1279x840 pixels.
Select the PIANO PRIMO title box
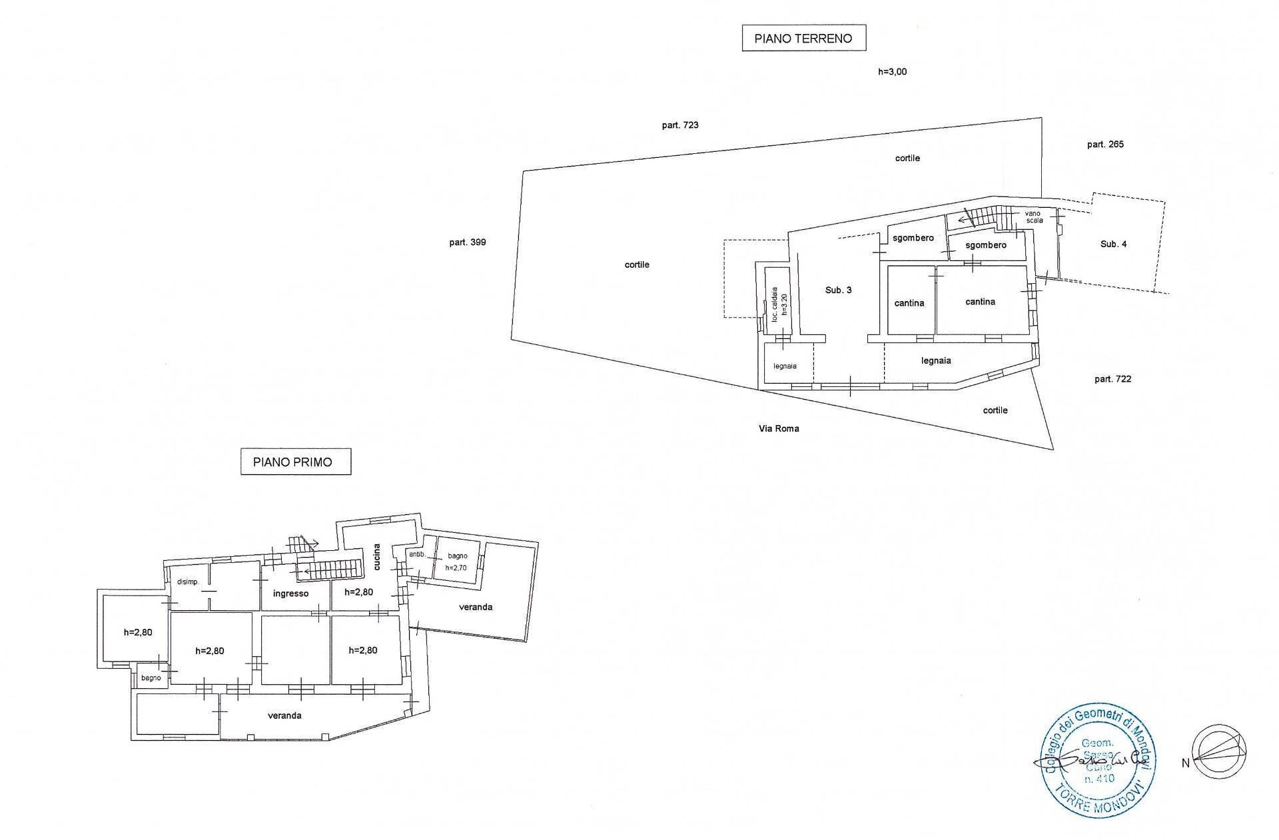[295, 462]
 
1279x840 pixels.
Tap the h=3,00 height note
[892, 72]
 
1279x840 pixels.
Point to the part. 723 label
[680, 125]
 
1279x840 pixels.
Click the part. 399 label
[467, 242]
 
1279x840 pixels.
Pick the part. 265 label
[1105, 144]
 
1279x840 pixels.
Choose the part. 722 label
[1112, 379]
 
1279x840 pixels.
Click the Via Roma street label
[779, 428]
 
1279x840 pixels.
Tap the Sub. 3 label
[838, 290]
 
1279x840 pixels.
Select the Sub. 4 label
[1113, 244]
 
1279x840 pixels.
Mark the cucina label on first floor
[377, 557]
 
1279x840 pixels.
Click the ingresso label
[290, 593]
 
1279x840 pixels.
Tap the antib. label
[417, 554]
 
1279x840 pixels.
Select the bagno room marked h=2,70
[457, 562]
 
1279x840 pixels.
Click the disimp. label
[188, 582]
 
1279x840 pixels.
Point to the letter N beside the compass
[1185, 763]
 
